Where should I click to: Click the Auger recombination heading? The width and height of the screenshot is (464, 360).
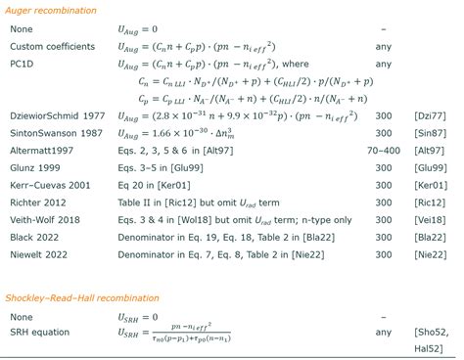pos(51,10)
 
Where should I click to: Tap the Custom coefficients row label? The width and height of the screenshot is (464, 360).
pos(53,46)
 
